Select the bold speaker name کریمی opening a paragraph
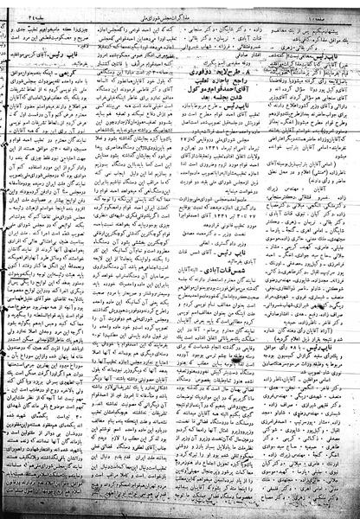click(101, 73)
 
